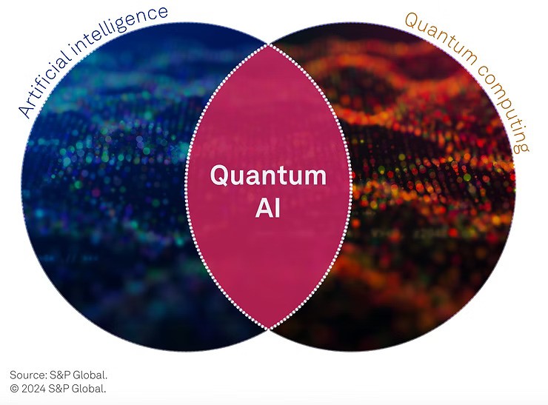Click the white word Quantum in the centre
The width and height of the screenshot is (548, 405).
click(267, 176)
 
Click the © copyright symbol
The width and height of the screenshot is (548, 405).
click(15, 388)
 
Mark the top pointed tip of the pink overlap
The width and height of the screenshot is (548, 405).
click(268, 44)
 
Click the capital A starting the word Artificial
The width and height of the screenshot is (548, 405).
click(24, 113)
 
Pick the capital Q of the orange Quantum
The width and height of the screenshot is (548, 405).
click(410, 19)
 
